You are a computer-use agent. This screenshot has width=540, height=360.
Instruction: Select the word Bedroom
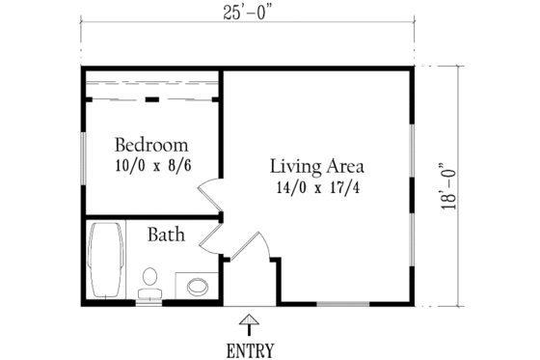pos(150,146)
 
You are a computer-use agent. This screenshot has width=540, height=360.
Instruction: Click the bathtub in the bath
pos(104,261)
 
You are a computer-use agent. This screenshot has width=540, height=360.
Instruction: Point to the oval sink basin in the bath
pos(198,286)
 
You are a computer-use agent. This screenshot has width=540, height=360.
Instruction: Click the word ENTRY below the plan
pos(250,349)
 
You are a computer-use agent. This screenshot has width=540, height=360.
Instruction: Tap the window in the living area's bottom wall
pos(345,304)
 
